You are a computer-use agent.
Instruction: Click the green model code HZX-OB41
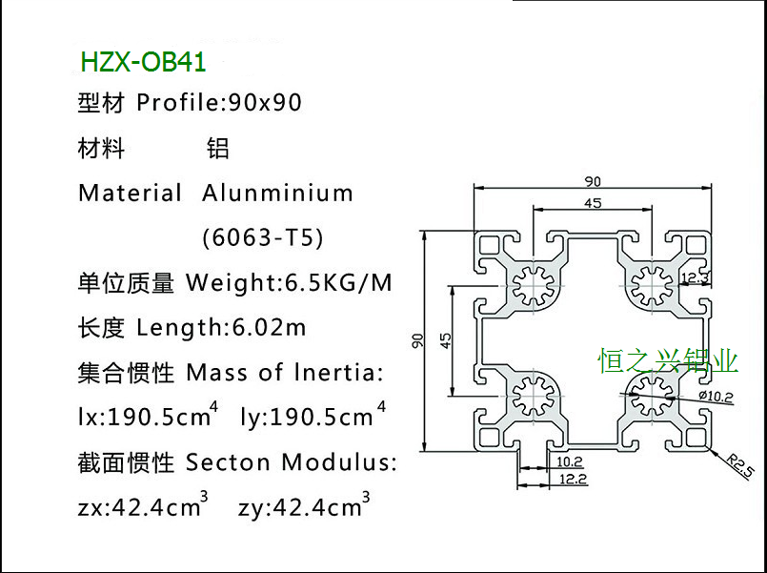[143, 63]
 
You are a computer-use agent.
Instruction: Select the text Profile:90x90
[219, 103]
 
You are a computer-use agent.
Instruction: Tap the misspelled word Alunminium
[277, 194]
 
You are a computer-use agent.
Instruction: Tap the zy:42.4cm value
[304, 507]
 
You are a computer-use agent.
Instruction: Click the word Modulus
[348, 463]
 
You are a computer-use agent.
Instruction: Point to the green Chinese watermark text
[668, 360]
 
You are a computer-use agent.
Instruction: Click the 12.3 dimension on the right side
[694, 277]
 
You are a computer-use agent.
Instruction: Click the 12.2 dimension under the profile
[573, 479]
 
